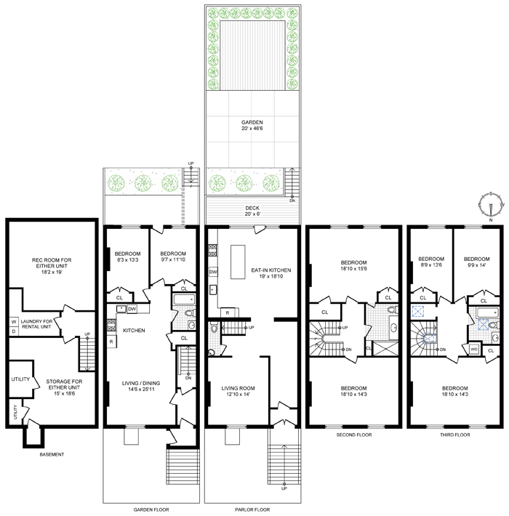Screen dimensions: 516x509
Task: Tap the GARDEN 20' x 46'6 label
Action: [252, 126]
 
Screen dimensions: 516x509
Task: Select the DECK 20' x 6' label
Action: [252, 211]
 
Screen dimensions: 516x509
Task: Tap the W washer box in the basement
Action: [13, 321]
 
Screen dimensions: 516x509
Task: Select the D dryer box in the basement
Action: [13, 332]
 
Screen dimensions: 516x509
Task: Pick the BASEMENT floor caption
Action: [51, 455]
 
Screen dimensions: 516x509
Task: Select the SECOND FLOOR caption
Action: [353, 435]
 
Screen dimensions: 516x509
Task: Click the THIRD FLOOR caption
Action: [454, 435]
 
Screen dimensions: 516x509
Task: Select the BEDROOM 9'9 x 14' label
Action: [476, 262]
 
